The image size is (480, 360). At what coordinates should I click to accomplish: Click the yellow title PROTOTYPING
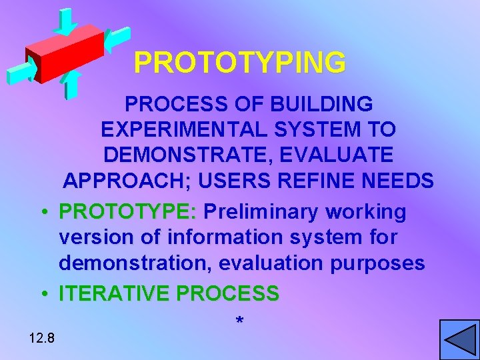(x=239, y=63)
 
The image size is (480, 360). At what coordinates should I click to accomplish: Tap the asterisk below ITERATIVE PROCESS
(x=239, y=322)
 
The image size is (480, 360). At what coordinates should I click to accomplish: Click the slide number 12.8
(x=42, y=339)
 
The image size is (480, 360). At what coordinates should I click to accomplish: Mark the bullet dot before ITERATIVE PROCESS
(x=43, y=293)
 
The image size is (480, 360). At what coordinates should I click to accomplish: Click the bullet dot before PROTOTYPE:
(x=43, y=213)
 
